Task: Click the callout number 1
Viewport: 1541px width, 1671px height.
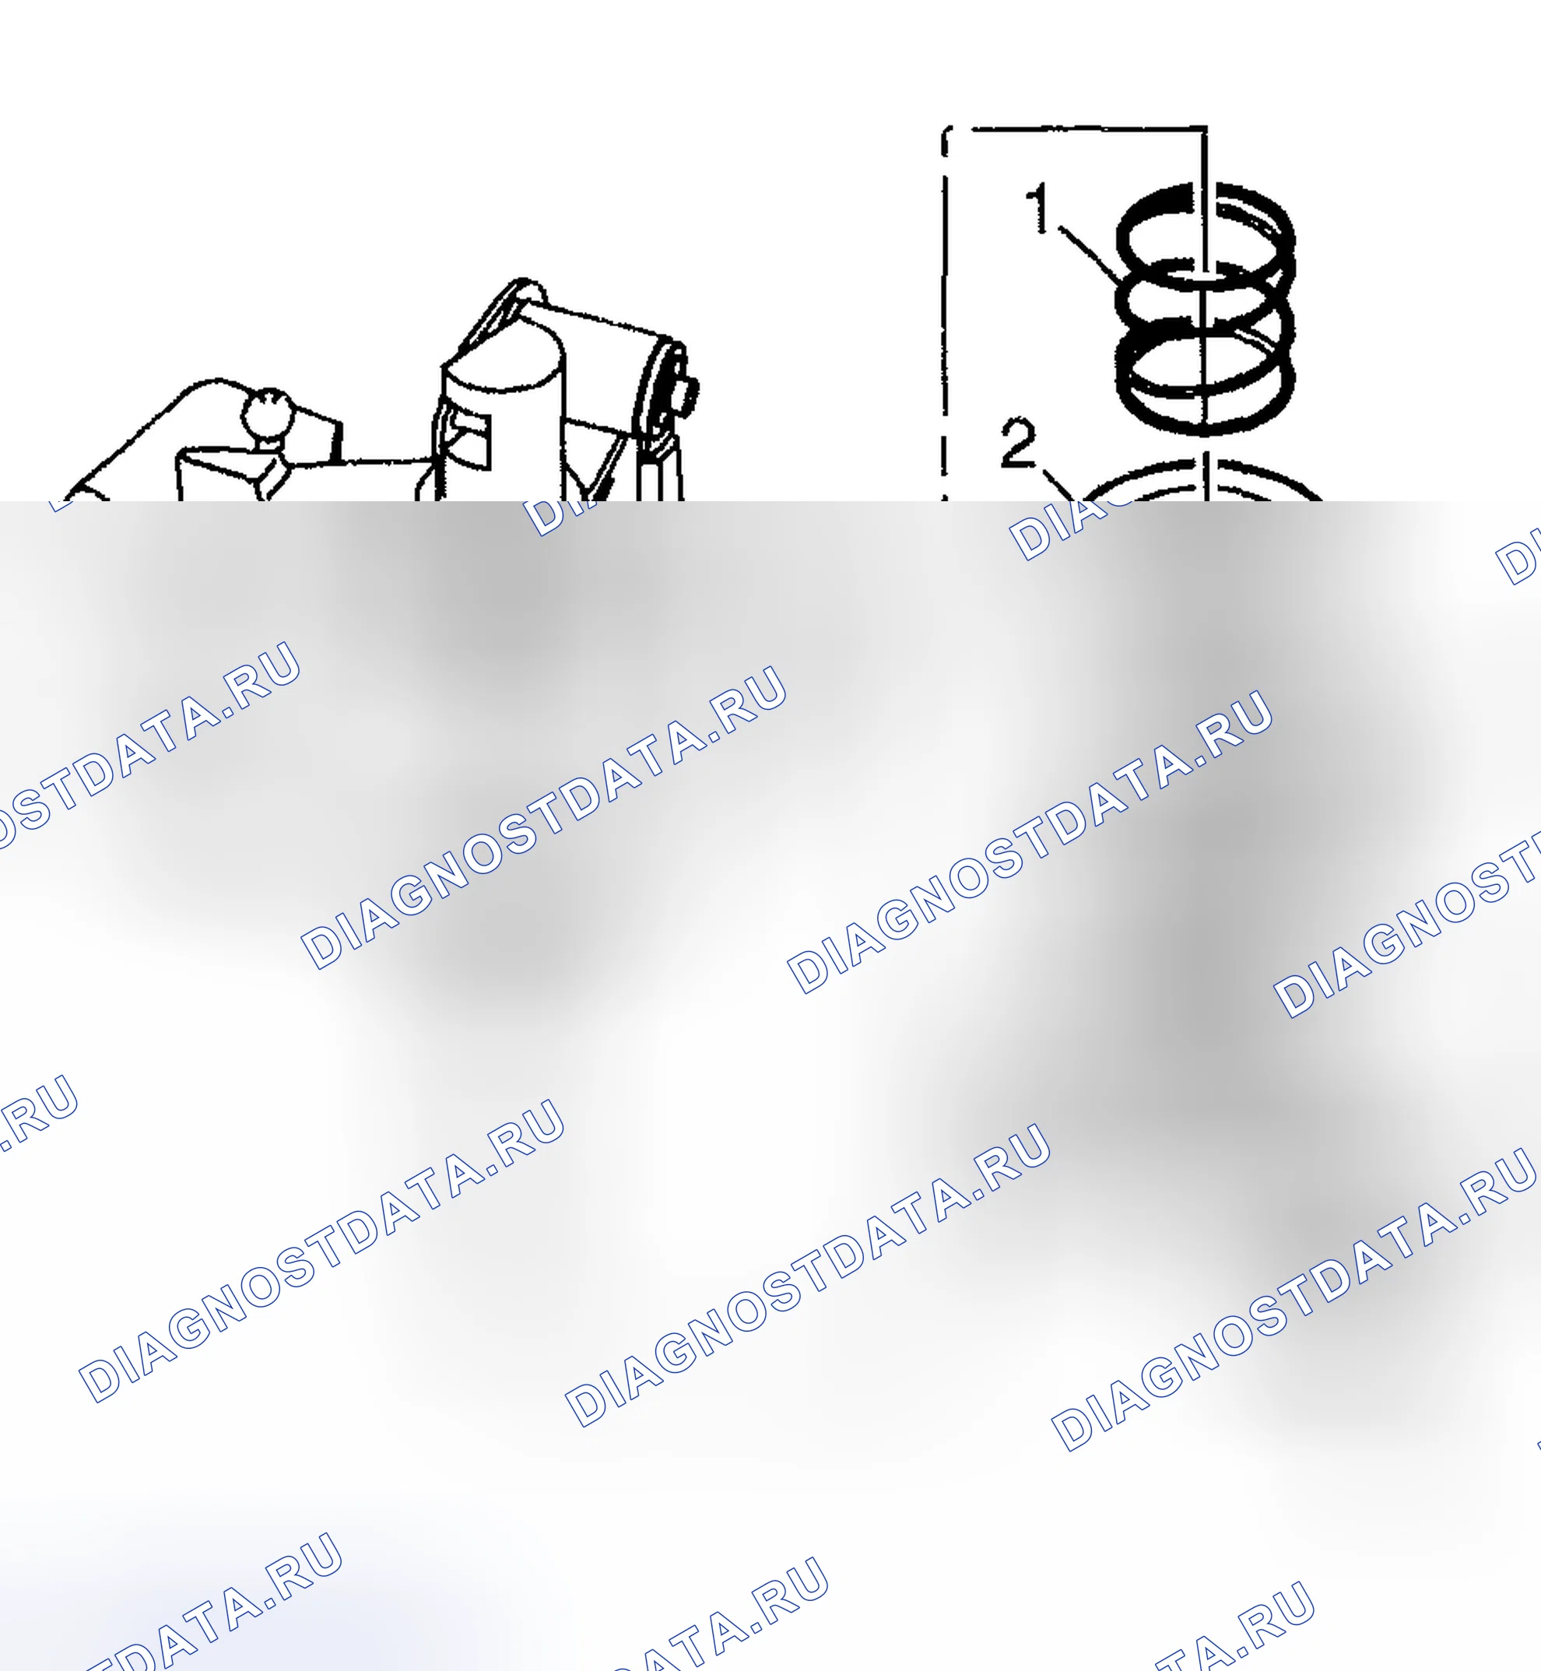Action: [1039, 209]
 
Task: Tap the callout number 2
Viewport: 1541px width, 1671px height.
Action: [1019, 444]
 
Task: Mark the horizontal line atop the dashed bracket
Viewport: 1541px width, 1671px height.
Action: [1088, 129]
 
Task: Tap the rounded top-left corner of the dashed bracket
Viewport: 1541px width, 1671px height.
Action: [947, 133]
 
